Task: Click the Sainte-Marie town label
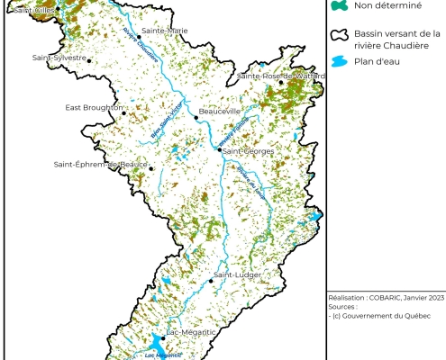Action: coord(165,31)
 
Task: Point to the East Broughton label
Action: coord(93,108)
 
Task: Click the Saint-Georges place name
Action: coord(249,151)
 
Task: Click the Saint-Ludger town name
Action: coord(238,274)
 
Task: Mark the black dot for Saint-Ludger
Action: coord(212,281)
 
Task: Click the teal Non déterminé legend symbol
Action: coord(338,6)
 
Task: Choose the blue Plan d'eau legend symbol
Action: coord(339,62)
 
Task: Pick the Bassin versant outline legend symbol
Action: coord(339,35)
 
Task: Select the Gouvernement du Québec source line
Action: coord(382,315)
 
